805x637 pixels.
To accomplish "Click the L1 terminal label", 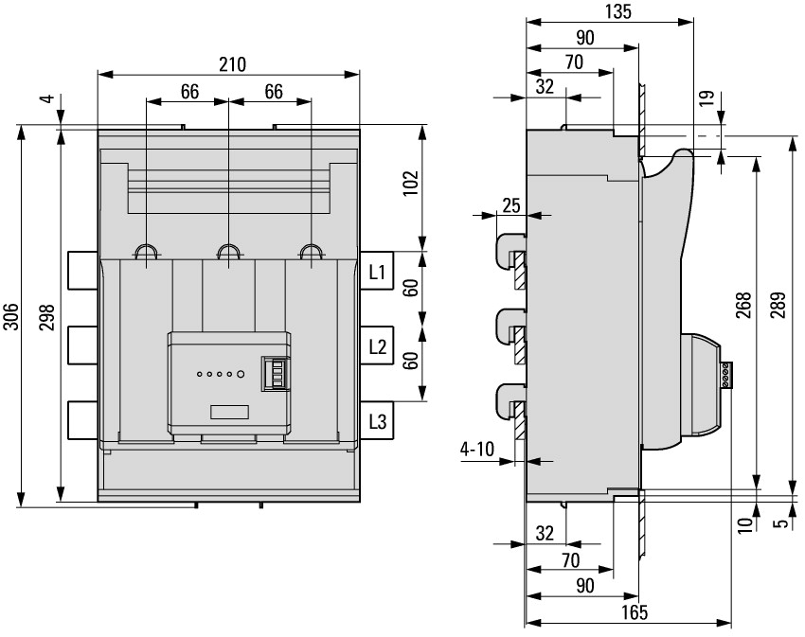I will [376, 273].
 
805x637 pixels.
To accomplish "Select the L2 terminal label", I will [376, 346].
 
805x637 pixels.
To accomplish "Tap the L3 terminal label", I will [376, 421].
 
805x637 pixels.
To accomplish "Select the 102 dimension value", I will [410, 183].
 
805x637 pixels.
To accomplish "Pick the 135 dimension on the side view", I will [617, 11].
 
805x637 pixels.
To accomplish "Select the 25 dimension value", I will [511, 205].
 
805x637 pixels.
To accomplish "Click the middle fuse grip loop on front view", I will [228, 252].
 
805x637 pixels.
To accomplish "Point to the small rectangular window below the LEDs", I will [230, 412].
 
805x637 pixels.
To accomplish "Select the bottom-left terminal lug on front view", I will [82, 418].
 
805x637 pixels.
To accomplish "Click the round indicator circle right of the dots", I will [241, 375].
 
